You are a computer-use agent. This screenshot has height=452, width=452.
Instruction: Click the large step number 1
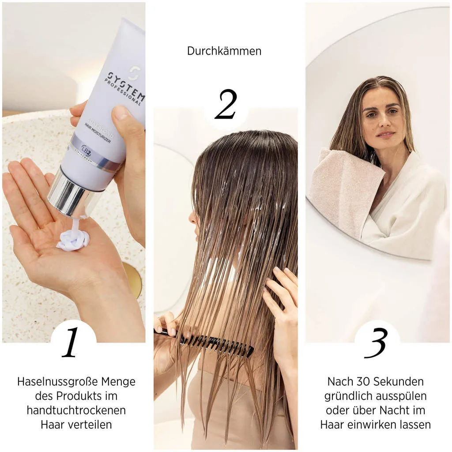pos(71,343)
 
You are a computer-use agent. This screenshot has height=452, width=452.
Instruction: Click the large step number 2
pos(226,105)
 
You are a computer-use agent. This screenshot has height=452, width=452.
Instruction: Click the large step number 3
pos(376,343)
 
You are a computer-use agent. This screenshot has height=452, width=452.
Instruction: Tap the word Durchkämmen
pos(224,51)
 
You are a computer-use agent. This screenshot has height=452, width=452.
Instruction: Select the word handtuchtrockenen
pos(76,410)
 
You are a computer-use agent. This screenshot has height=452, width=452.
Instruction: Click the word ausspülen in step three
pos(404,396)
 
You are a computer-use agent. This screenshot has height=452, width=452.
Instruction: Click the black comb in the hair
pos(212,343)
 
